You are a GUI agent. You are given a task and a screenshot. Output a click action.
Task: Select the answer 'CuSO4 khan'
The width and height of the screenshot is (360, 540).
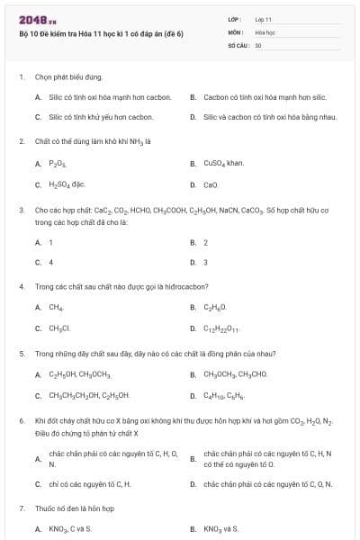pyautogui.click(x=224, y=164)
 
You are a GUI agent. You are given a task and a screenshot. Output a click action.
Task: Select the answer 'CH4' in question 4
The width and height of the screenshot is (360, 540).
pyautogui.click(x=56, y=308)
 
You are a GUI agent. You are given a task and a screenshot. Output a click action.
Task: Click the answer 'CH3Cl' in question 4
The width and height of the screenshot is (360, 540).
pyautogui.click(x=59, y=328)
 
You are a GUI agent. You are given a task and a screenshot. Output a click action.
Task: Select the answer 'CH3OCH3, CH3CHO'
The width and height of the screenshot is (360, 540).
pyautogui.click(x=236, y=373)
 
